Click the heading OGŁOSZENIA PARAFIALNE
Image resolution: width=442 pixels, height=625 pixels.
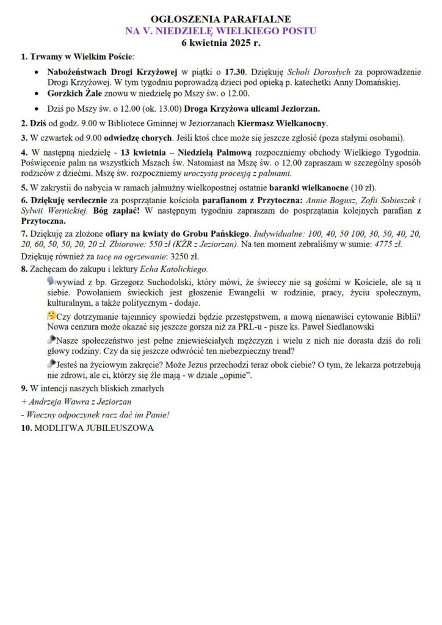(220, 20)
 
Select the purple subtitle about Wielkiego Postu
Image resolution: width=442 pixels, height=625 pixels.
(220, 31)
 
